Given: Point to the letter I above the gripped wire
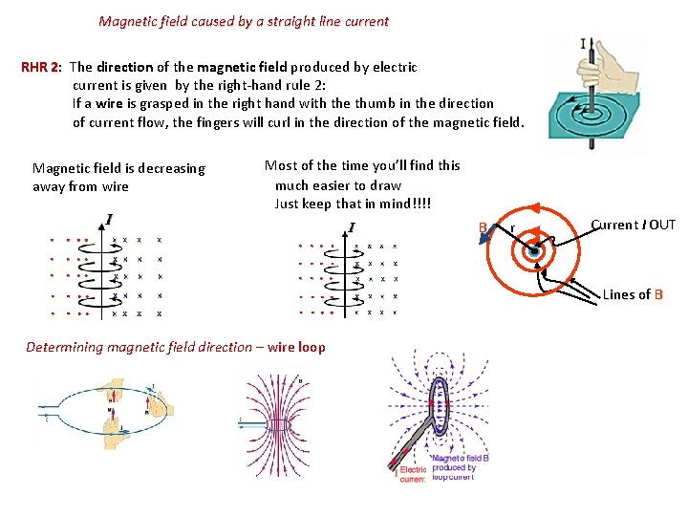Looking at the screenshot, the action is tap(584, 43).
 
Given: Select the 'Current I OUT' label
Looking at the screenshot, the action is tap(633, 226).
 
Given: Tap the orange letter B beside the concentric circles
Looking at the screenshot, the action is tap(483, 227).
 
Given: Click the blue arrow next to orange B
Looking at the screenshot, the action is tap(488, 236).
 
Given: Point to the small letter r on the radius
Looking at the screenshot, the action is tap(513, 228).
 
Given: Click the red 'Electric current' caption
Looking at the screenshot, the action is tap(412, 474).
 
